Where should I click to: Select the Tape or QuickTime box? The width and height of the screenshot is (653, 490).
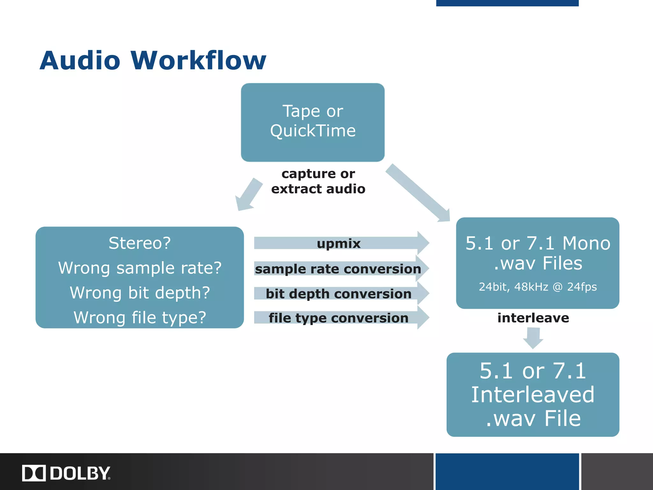[312, 122]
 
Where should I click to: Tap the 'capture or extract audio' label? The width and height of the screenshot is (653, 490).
[318, 181]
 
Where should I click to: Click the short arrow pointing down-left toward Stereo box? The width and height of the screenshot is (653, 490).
[248, 195]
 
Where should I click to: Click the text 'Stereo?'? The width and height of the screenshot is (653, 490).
[140, 243]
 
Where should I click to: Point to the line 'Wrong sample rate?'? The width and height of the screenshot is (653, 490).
[140, 268]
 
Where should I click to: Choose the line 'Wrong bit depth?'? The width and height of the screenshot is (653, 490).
[140, 293]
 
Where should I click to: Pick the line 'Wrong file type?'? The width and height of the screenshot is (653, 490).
[140, 318]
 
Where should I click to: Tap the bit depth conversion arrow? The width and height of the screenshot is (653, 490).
[339, 293]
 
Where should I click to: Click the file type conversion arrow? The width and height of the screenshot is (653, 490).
[339, 318]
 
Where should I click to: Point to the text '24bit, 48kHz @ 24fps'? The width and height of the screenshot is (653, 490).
[538, 287]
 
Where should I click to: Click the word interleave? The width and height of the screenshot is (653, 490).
[533, 318]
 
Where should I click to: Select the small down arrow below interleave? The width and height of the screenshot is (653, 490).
[533, 338]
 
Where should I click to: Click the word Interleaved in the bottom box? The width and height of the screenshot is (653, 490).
[533, 395]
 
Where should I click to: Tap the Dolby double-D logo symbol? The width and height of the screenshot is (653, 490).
[34, 473]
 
